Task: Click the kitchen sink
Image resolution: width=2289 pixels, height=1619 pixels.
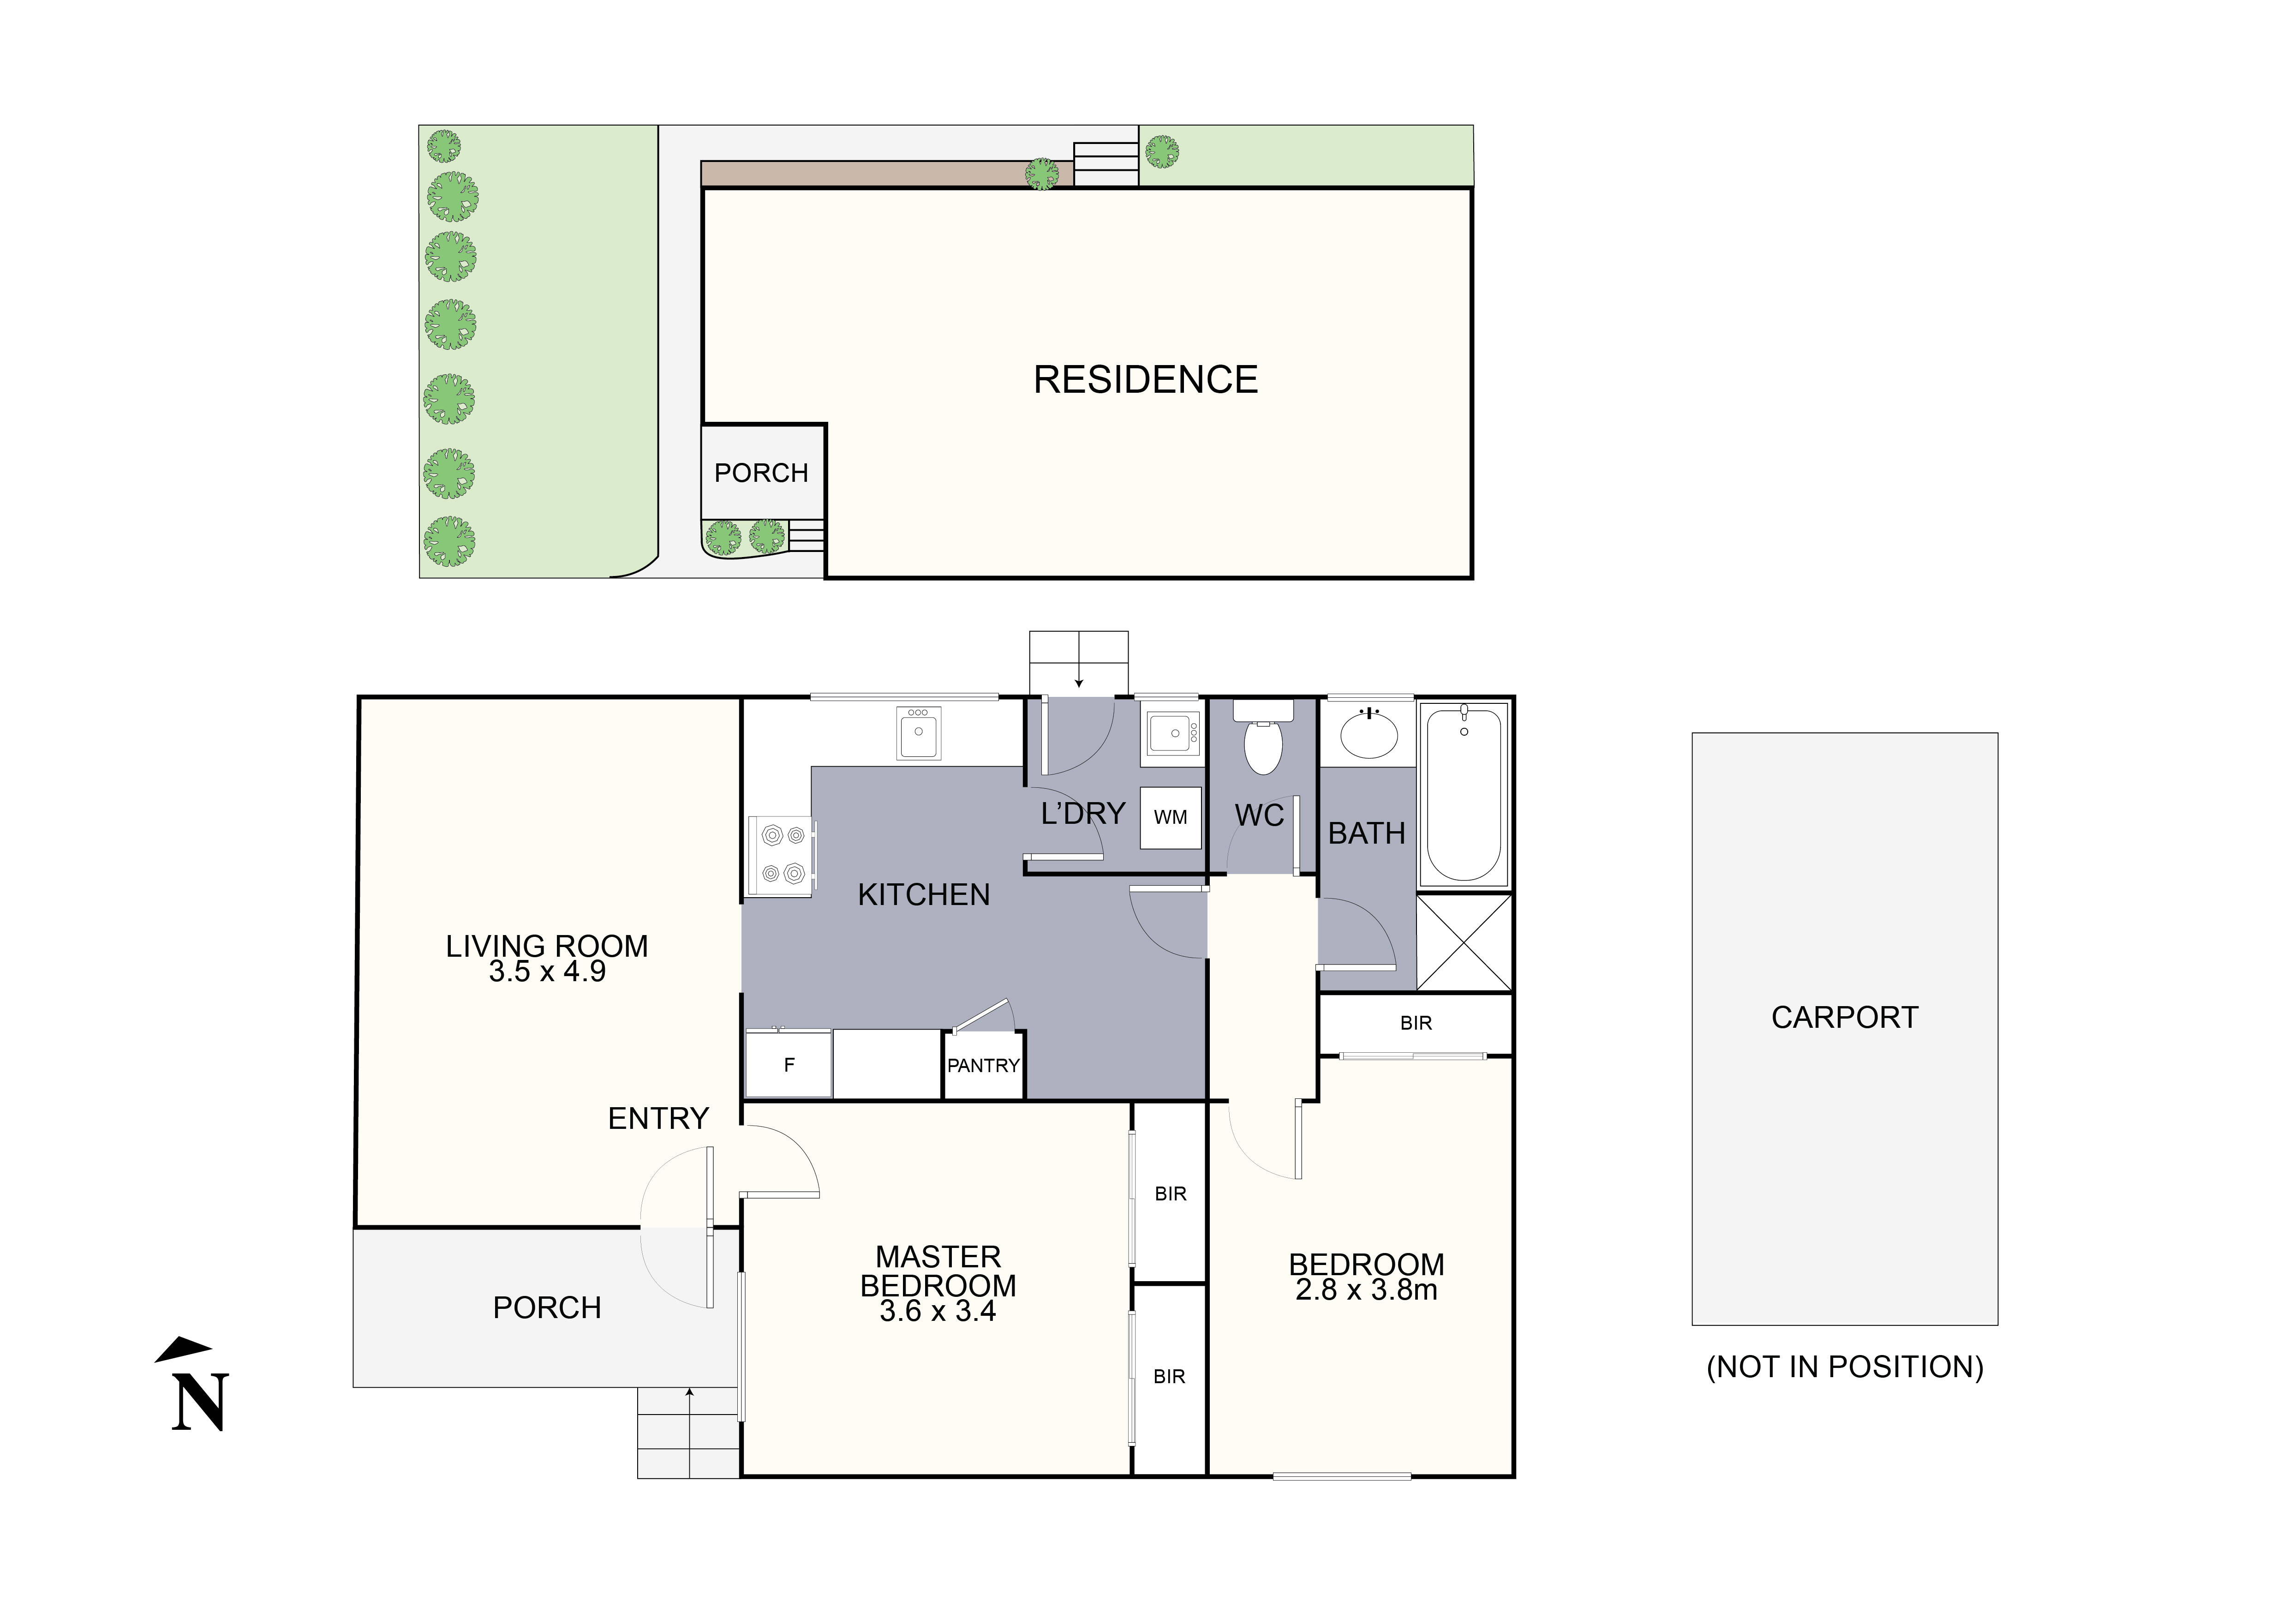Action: click(x=918, y=734)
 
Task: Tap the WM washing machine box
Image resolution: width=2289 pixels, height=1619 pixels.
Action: click(x=1171, y=817)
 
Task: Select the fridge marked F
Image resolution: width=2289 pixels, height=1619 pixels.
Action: click(x=789, y=1065)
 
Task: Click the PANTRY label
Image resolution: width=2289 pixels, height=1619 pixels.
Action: click(x=983, y=1066)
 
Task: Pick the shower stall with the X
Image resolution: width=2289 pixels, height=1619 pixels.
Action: click(x=1464, y=942)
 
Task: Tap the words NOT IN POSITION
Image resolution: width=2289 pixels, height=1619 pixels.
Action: click(x=1844, y=1367)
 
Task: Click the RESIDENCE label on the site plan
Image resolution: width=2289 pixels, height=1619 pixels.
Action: click(x=1146, y=380)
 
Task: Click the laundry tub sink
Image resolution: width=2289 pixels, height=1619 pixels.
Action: click(x=1171, y=734)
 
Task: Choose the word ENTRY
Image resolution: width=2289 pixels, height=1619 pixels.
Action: click(x=658, y=1119)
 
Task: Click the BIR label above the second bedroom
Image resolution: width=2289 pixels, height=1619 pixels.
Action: click(x=1416, y=1023)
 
